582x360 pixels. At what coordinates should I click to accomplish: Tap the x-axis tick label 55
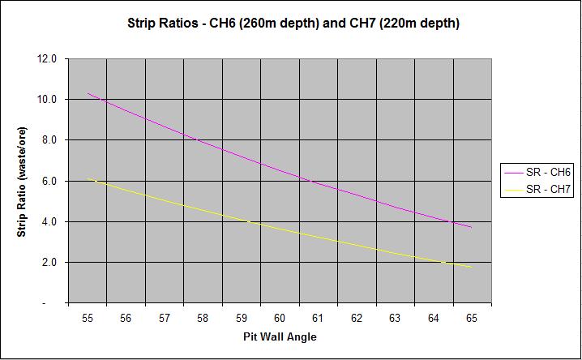(88, 319)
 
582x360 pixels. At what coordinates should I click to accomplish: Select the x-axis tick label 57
(165, 319)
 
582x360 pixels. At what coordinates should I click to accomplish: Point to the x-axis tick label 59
(241, 319)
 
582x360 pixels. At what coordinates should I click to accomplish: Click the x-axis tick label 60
(280, 319)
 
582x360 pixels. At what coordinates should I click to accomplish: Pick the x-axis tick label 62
(356, 319)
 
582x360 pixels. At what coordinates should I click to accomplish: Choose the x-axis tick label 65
(471, 319)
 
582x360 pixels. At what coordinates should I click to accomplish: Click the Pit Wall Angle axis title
(278, 336)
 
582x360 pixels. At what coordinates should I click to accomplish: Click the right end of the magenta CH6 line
(471, 227)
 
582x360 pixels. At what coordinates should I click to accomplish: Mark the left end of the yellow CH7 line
(88, 179)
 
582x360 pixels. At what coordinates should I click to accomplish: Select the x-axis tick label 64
(433, 319)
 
